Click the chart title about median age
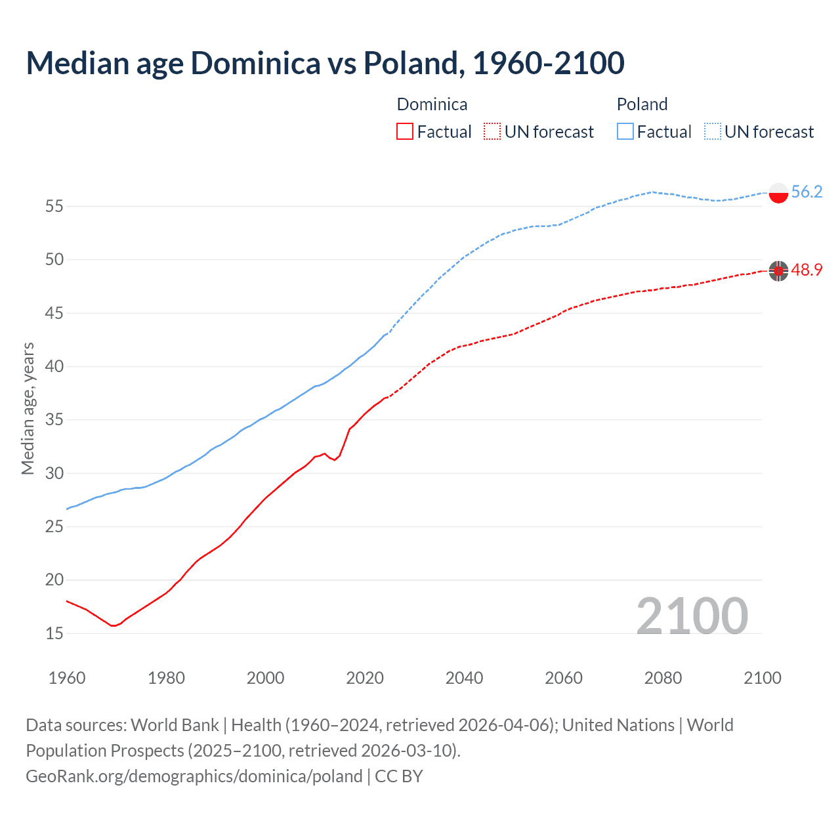pos(325,63)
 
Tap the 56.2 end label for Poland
pos(807,192)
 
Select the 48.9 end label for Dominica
pos(807,270)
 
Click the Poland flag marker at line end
pos(778,193)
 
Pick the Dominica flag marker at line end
pos(778,270)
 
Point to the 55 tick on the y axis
pos(54,207)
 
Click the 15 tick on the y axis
pos(54,633)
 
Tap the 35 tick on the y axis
pos(54,420)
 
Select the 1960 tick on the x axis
pos(67,678)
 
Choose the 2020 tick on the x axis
pos(365,678)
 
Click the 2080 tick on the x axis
pos(663,678)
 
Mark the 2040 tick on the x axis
pos(464,678)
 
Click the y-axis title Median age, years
pos(28,408)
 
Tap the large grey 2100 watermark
pos(692,616)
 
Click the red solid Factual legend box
pos(405,132)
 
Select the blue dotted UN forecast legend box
pos(713,132)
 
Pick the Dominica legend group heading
pos(432,104)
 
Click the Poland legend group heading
pos(642,104)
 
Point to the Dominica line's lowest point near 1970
pos(113,625)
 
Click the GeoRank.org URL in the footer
pos(194,776)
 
